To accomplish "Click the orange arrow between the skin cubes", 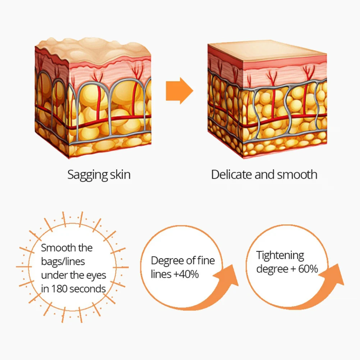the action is coord(179,91).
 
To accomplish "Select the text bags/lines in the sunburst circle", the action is coord(63,261).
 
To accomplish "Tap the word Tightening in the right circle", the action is coord(280,255).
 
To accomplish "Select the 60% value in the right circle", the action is coord(308,269).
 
